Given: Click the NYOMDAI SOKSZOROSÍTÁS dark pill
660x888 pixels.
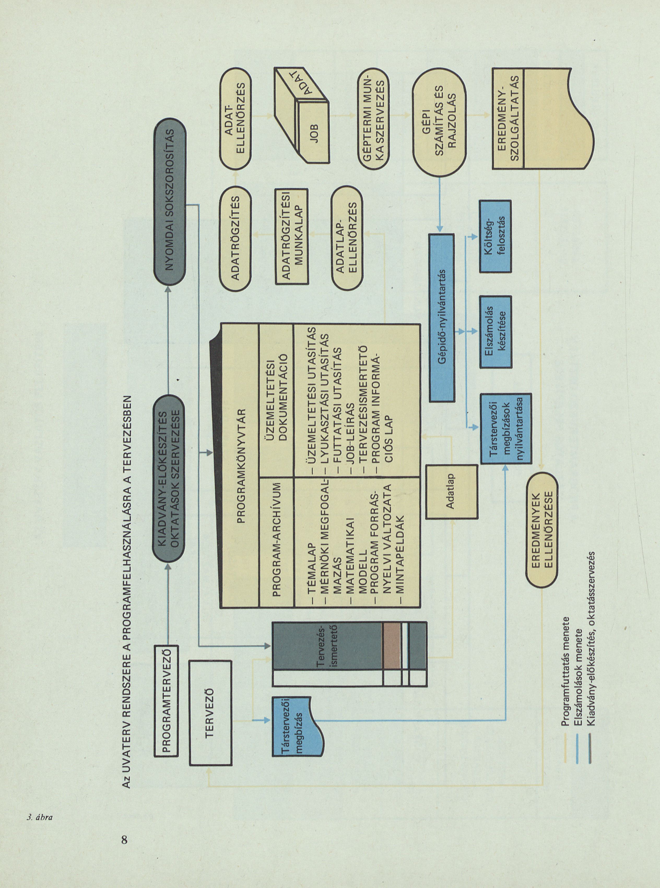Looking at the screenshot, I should click(170, 200).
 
